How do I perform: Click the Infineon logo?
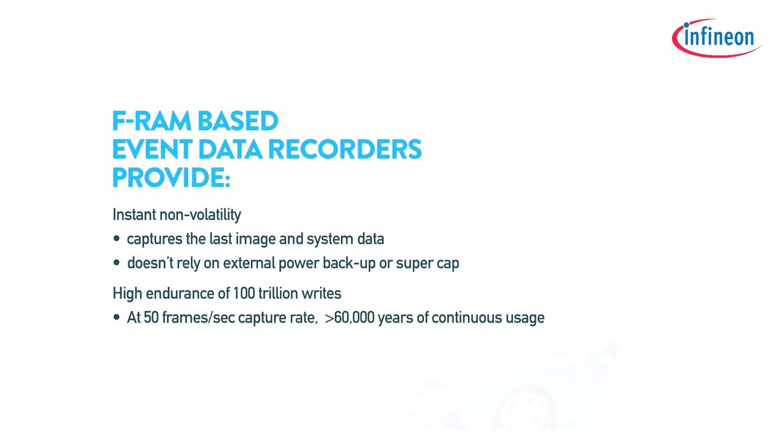coord(717,38)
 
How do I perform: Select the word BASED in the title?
coord(238,121)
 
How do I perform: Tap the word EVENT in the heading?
coord(152,149)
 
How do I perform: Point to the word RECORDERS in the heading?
coord(345,149)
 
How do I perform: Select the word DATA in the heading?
coord(230,149)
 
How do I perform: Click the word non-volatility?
coord(200,215)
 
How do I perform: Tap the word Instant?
coord(134,215)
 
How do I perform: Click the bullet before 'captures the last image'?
coord(117,238)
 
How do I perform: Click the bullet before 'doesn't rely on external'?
coord(117,263)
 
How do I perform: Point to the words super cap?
coord(427,264)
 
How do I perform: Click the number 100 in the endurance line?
coord(244,293)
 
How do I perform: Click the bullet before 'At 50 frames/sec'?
coord(117,317)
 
